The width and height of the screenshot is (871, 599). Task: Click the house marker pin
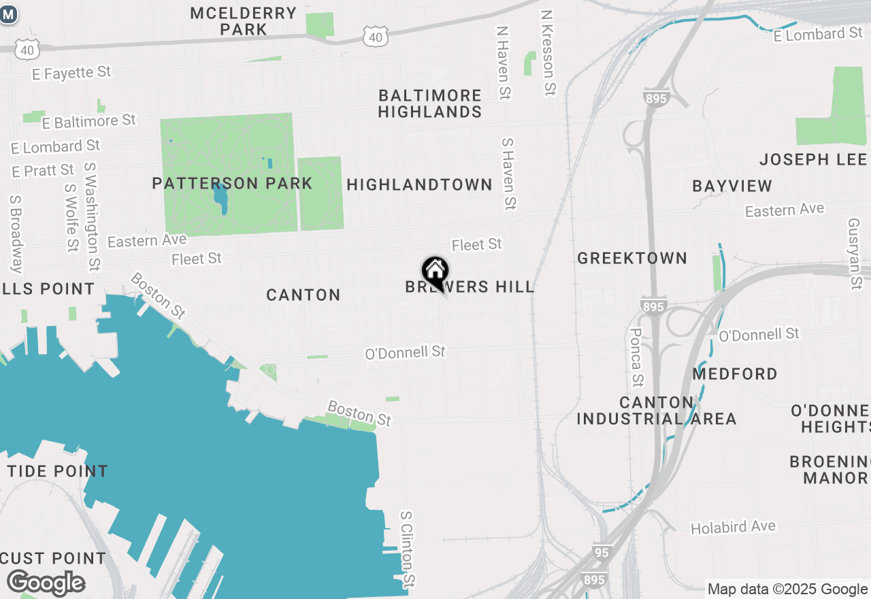(435, 272)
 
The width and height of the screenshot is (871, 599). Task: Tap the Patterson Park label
(232, 183)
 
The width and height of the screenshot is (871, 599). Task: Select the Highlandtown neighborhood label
(419, 184)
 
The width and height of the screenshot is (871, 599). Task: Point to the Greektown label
(632, 258)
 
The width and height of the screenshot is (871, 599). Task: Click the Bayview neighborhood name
(732, 186)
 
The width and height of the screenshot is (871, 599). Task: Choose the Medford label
(735, 374)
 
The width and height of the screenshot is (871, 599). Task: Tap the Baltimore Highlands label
(430, 103)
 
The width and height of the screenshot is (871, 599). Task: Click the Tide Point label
(58, 471)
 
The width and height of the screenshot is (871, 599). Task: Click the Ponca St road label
(637, 357)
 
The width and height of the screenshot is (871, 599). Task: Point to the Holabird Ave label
(733, 528)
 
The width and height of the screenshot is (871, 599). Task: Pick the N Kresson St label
(548, 52)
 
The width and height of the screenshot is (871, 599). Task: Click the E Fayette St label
(71, 72)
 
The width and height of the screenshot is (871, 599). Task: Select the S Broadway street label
(16, 234)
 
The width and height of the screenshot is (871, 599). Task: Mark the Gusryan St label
(855, 253)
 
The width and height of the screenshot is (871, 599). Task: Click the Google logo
(46, 583)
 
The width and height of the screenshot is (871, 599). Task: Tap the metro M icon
(8, 14)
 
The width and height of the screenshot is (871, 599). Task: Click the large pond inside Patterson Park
(220, 197)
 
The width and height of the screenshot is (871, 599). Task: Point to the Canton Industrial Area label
(657, 410)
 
